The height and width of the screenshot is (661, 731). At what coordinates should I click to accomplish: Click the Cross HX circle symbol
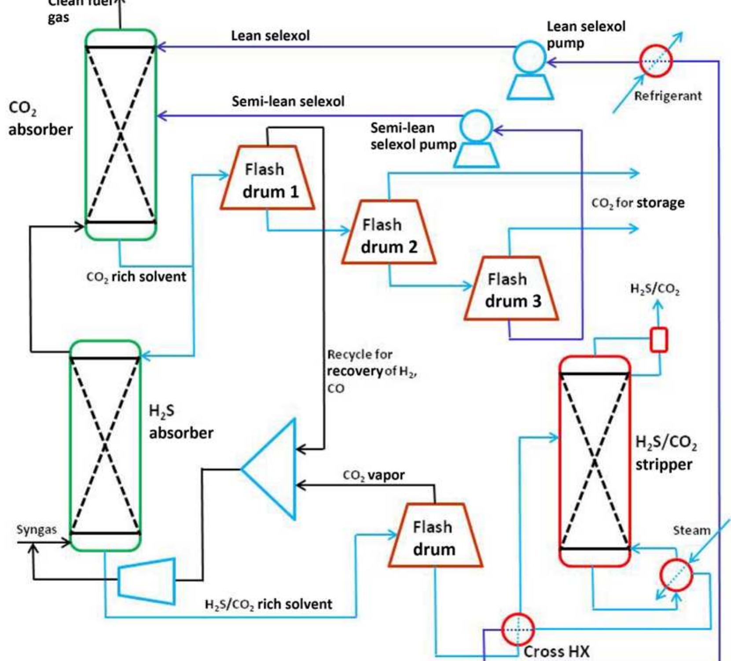(518, 630)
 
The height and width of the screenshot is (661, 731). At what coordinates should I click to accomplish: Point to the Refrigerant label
(668, 96)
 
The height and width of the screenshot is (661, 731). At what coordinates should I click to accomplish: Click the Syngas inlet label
(37, 529)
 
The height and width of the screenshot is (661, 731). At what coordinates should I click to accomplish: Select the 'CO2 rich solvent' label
(136, 277)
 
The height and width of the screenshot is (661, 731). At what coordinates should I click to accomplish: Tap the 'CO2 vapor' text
(374, 475)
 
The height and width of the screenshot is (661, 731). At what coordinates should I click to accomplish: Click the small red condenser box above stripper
(659, 340)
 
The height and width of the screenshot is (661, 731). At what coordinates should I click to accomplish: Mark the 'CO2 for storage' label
(638, 203)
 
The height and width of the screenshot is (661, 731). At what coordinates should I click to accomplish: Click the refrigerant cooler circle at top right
(656, 61)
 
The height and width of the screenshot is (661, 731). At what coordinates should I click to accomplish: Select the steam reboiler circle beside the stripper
(676, 575)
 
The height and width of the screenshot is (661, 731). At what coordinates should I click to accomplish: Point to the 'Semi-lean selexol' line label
(288, 102)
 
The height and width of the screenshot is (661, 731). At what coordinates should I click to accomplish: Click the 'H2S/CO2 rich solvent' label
(268, 604)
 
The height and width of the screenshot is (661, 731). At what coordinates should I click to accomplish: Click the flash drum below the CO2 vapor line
(435, 538)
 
